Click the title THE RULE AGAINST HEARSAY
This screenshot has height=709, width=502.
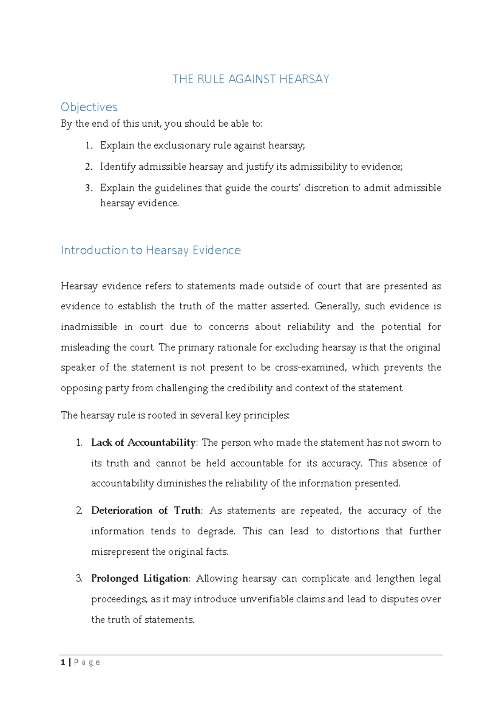click(251, 79)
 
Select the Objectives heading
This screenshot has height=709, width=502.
click(89, 107)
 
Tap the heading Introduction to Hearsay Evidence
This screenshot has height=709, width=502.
click(151, 250)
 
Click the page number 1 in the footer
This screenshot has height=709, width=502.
click(63, 662)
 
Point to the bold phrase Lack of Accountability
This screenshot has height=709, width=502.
click(143, 443)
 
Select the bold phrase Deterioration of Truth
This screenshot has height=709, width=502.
click(146, 510)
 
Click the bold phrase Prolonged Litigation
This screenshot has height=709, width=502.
click(140, 579)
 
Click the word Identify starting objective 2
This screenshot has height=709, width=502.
click(118, 167)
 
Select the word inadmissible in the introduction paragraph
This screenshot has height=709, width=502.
click(89, 327)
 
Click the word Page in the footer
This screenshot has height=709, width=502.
click(87, 662)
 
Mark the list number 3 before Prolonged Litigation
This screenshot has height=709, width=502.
click(79, 579)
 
